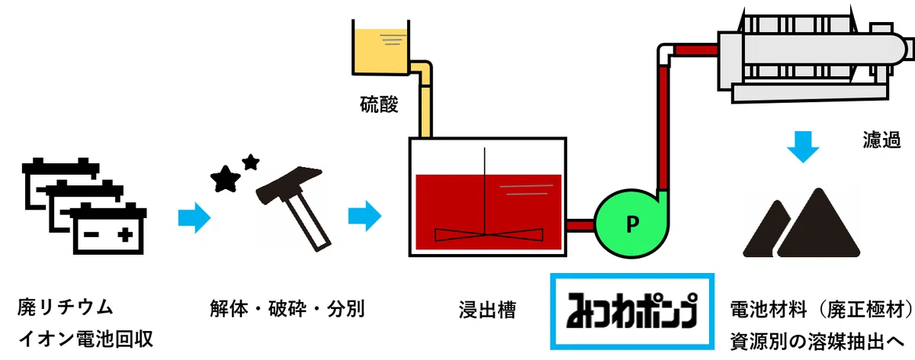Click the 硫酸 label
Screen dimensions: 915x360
tap(379, 104)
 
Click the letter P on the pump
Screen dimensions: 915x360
tap(632, 224)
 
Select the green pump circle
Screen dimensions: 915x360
tap(631, 223)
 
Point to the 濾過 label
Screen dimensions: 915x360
tap(881, 140)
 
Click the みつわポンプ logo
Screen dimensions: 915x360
tap(632, 311)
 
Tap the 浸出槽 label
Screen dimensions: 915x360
tap(487, 310)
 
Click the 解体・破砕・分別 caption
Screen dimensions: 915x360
tap(287, 308)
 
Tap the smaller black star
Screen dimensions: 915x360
tap(251, 162)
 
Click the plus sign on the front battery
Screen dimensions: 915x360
tap(125, 235)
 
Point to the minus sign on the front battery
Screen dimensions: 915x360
tap(91, 235)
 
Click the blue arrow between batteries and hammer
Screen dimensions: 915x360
tap(194, 218)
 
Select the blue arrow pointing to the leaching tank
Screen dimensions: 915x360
tap(364, 216)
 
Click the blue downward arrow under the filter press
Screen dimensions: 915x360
tap(803, 147)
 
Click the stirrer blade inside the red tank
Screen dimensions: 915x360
tap(489, 235)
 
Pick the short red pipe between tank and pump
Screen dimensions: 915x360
tap(580, 225)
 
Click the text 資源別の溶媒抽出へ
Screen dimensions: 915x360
tap(817, 341)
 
